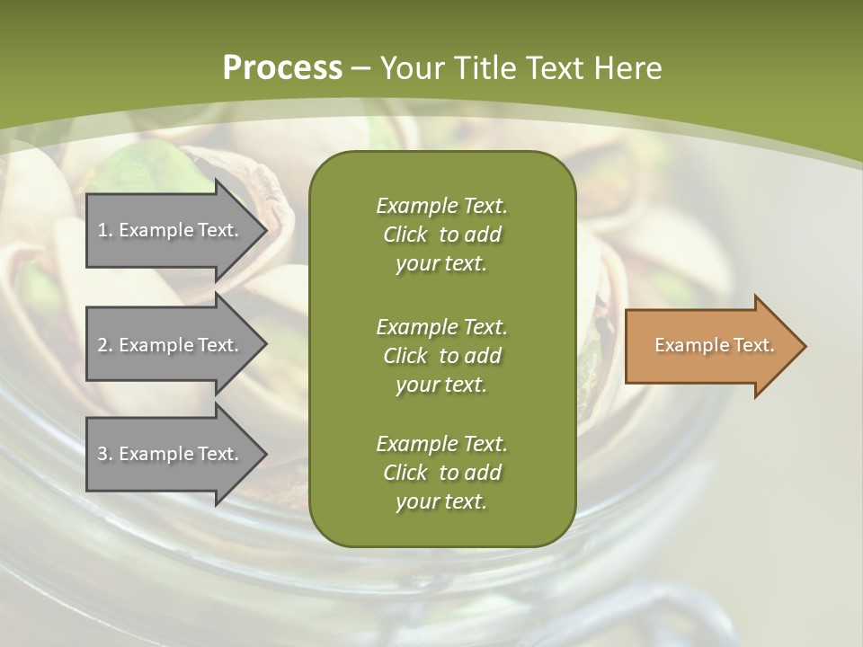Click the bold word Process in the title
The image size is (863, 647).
(282, 68)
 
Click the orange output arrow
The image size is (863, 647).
(710, 346)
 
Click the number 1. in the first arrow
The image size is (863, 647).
(105, 230)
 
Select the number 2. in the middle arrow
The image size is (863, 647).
(105, 345)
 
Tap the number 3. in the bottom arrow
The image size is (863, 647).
(105, 454)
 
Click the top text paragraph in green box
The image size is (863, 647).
(441, 235)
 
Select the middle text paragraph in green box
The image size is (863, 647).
(441, 356)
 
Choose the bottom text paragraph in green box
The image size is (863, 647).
(441, 473)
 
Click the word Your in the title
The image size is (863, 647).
(412, 68)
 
